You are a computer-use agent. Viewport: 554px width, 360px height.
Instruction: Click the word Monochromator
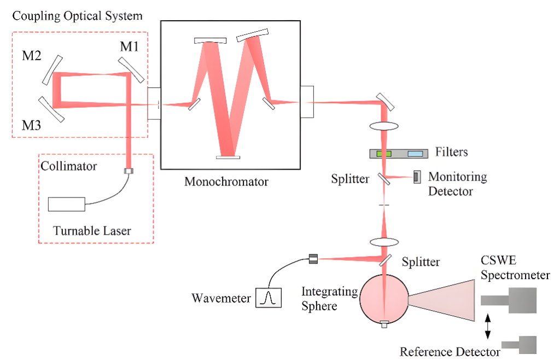[x=226, y=181]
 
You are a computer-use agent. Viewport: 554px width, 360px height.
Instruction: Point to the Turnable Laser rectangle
[x=67, y=204]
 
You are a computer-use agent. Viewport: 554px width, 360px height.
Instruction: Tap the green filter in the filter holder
[x=384, y=154]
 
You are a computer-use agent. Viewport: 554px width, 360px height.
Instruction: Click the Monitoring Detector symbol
[x=416, y=176]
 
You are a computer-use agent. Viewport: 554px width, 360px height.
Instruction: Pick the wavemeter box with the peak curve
[x=269, y=298]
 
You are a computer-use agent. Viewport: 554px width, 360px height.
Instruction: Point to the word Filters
[x=452, y=152]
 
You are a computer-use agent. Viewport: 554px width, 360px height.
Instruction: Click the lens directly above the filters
[x=384, y=126]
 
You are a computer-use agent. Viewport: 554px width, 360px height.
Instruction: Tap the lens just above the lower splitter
[x=384, y=241]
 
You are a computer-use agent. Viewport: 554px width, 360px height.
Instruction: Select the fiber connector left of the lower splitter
[x=313, y=258]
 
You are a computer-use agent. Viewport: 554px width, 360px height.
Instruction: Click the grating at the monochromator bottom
[x=228, y=158]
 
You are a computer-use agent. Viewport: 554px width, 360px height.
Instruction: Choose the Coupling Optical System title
[x=77, y=16]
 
